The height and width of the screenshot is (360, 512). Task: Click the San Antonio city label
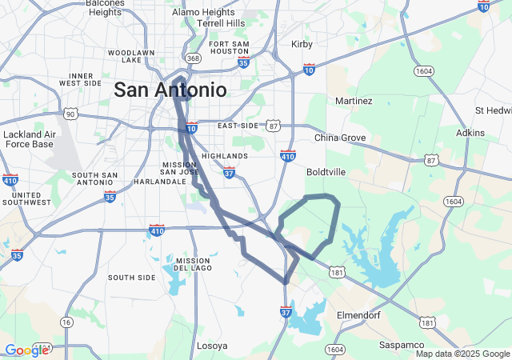coord(170,90)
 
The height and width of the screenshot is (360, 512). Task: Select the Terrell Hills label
coord(214,23)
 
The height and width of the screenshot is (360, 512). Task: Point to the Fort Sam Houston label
coord(229,47)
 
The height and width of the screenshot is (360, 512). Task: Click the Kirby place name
coord(302,44)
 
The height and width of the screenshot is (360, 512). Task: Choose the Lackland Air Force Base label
coord(28,139)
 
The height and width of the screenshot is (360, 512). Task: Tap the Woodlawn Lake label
coord(126,56)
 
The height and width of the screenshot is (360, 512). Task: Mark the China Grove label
coord(340,138)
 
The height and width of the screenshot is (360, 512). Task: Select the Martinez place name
coord(354,101)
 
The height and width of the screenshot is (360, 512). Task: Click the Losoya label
coord(211,346)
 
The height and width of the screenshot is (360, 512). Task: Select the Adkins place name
coord(470,133)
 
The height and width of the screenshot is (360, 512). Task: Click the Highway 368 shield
coord(192,58)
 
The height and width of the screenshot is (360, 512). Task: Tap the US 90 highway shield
coord(70,114)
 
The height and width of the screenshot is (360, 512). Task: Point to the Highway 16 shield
coord(66,322)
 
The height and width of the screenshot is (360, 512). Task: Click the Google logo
coord(26,350)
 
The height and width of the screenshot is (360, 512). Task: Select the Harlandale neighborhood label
coord(137,182)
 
